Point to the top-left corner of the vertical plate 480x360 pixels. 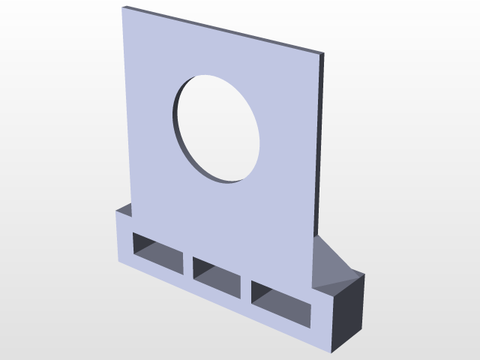pos(123,8)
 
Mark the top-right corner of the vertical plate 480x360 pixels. pos(323,54)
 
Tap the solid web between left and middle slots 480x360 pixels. pos(188,264)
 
